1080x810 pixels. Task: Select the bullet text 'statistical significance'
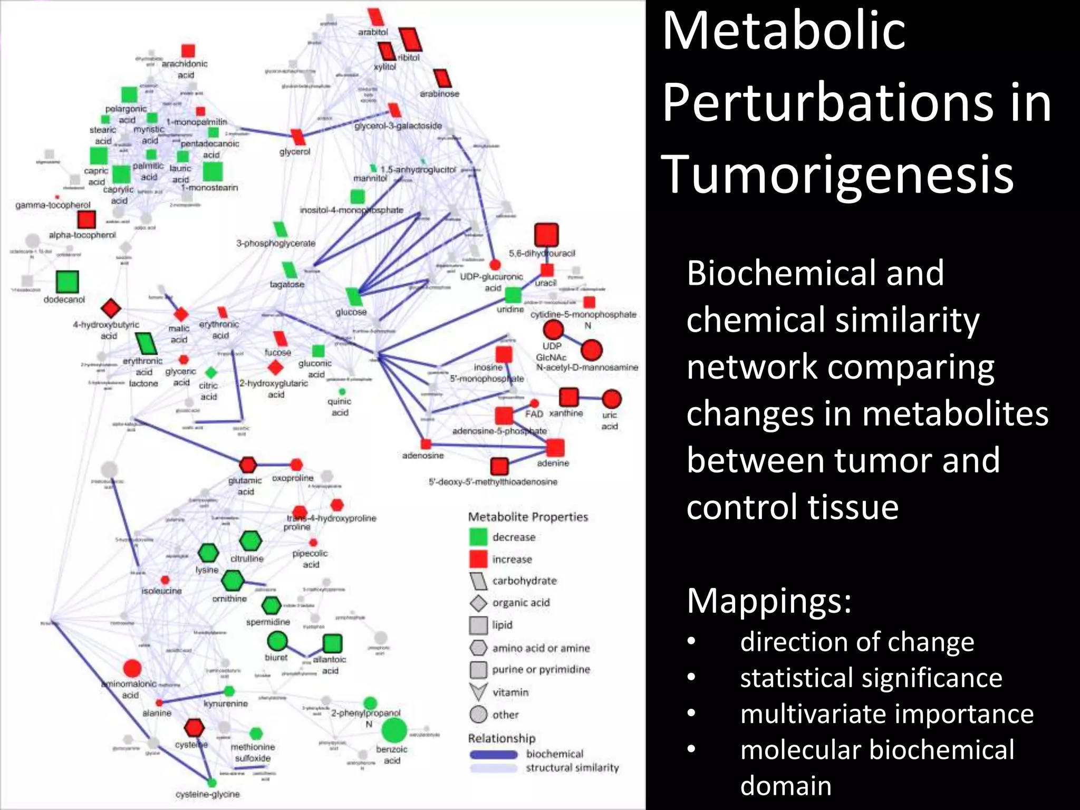tap(871, 678)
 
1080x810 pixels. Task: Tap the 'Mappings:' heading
tap(769, 601)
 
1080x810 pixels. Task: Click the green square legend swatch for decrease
tap(478, 537)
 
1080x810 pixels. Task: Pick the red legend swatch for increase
tap(478, 559)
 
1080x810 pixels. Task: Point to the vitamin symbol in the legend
tap(478, 692)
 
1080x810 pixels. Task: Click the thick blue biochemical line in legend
tap(494, 755)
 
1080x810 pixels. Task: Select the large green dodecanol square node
tap(67, 282)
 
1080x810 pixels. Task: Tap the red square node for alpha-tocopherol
tap(86, 220)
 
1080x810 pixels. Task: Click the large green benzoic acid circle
tap(393, 730)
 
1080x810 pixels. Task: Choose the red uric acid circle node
tap(611, 399)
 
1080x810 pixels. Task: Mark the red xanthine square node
tap(568, 397)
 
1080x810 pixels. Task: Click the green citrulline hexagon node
tap(250, 541)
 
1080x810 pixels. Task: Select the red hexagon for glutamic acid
tap(248, 465)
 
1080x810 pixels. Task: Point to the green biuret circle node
tap(277, 641)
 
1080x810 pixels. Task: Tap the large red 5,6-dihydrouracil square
tap(546, 235)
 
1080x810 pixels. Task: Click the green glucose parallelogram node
tap(353, 297)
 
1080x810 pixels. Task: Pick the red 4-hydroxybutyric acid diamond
tap(111, 308)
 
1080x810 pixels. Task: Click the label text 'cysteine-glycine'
tap(207, 794)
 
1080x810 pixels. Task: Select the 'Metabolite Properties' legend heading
tap(528, 517)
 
